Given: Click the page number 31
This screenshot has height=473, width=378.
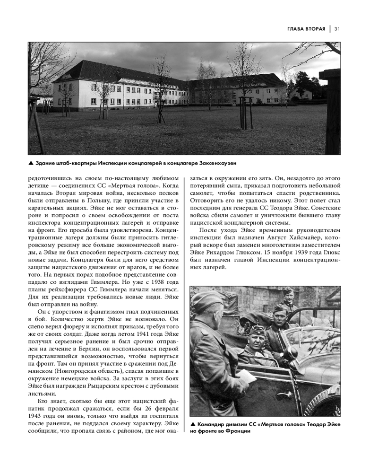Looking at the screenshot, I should click(x=337, y=28).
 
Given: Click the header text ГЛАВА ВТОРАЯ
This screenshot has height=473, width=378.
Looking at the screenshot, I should click(x=306, y=28).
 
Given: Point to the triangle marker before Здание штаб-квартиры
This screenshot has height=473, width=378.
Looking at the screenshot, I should click(x=31, y=163).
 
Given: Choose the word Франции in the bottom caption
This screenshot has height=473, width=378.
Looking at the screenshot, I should click(x=235, y=431).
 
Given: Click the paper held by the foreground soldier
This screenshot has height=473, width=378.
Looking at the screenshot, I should click(x=245, y=376).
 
